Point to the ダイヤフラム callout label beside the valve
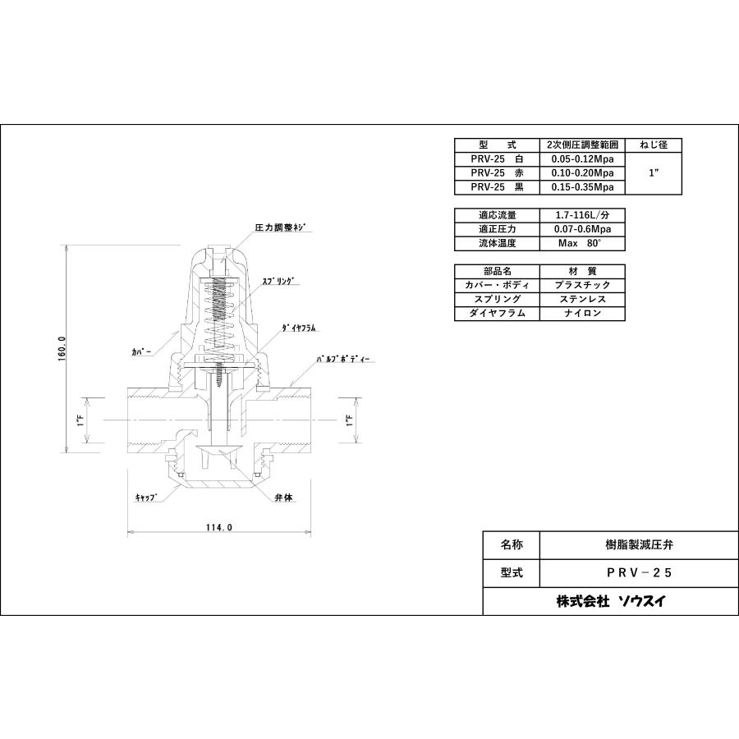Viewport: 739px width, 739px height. [x=300, y=327]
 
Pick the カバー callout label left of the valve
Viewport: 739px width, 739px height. [x=142, y=350]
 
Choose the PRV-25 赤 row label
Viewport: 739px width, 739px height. [x=497, y=173]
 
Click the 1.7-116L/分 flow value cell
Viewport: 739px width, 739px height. [x=581, y=215]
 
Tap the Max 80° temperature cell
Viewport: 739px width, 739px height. [x=581, y=243]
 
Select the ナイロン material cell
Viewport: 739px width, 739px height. [x=581, y=313]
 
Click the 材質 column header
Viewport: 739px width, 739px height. [x=581, y=271]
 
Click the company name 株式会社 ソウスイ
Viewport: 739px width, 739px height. [x=611, y=601]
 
